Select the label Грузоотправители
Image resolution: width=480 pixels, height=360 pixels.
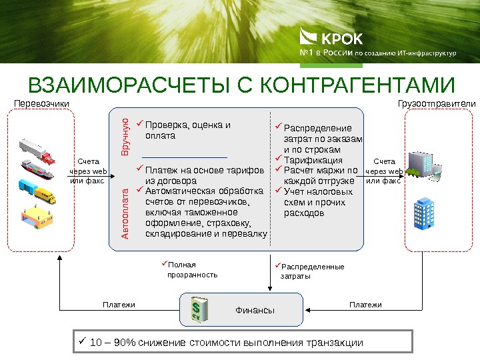click(437, 104)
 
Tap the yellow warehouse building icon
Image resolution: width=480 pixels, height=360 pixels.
click(37, 217)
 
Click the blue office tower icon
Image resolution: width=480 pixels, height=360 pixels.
click(423, 212)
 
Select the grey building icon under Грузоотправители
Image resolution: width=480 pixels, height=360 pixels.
click(425, 165)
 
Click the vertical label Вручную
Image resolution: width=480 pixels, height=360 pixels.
click(125, 137)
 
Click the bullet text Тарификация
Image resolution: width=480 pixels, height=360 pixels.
click(313, 161)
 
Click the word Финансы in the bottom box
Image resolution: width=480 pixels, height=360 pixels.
click(255, 311)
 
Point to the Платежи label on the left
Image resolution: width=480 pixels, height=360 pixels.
click(119, 305)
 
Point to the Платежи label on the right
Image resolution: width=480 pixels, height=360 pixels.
click(365, 305)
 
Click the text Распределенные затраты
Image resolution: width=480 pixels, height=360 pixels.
click(309, 271)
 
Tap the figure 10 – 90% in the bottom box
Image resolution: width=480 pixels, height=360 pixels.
click(111, 343)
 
